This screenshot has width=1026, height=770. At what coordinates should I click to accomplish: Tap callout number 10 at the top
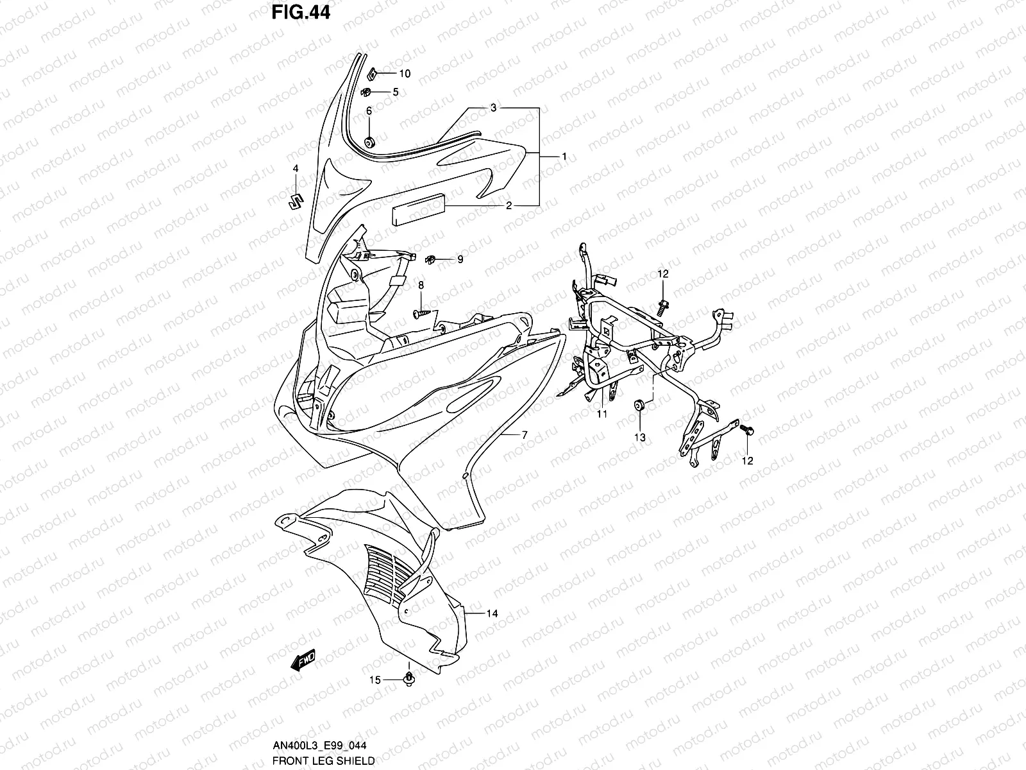pyautogui.click(x=405, y=74)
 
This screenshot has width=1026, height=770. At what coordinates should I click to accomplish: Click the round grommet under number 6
pyautogui.click(x=369, y=142)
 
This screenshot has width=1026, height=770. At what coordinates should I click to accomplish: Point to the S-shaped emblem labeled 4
pyautogui.click(x=295, y=201)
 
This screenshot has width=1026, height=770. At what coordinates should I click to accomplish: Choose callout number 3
pyautogui.click(x=511, y=108)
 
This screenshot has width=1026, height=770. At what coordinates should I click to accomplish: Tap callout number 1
pyautogui.click(x=564, y=157)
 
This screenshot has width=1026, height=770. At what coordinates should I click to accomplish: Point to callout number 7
pyautogui.click(x=524, y=435)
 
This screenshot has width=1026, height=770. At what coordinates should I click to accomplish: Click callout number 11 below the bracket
pyautogui.click(x=601, y=415)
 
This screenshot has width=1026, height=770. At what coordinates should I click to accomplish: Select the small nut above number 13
pyautogui.click(x=639, y=406)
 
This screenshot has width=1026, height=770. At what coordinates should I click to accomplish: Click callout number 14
pyautogui.click(x=491, y=614)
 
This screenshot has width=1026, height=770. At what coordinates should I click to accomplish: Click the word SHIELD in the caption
pyautogui.click(x=357, y=761)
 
